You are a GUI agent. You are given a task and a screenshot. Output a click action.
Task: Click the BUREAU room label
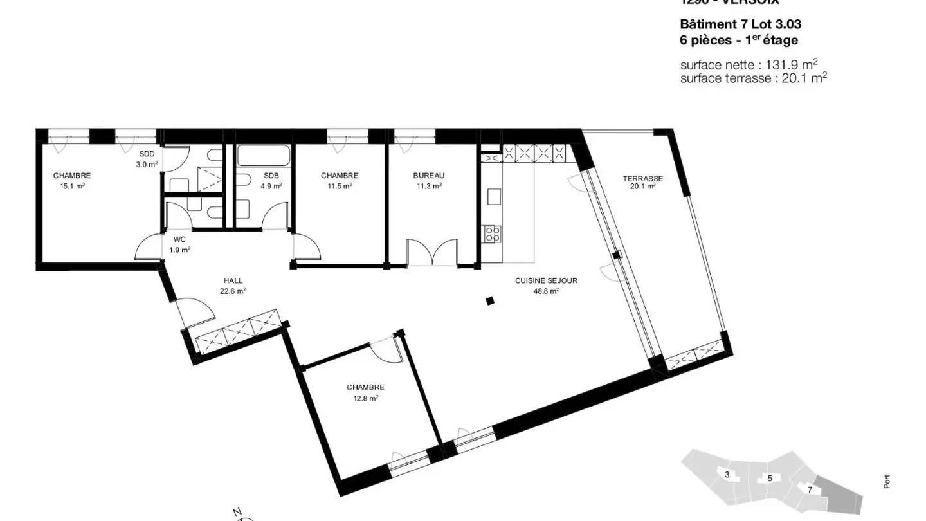[428, 176]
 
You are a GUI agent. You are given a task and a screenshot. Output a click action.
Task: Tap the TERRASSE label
[642, 179]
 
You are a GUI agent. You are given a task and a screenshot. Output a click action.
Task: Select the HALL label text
[233, 280]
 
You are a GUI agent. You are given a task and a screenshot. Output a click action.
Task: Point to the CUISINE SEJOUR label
[546, 280]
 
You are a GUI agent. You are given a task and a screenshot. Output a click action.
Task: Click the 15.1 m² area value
[72, 186]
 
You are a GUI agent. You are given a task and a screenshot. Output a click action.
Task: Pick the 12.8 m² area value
[365, 398]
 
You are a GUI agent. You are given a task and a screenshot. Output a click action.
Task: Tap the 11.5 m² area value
[339, 186]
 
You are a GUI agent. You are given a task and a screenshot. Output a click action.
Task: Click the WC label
[179, 239]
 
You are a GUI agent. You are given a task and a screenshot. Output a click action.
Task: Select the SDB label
[271, 176]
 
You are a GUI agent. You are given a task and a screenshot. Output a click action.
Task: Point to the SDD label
[147, 154]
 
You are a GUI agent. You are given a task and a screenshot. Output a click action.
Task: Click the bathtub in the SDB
[264, 156]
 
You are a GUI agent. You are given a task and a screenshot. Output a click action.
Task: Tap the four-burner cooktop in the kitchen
[493, 233]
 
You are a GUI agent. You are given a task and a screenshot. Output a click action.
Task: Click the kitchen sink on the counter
[494, 196]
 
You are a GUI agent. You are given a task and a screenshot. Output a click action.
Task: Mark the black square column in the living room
[489, 300]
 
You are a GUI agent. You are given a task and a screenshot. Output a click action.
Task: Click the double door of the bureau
[431, 252]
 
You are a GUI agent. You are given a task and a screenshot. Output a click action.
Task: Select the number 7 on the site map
[810, 489]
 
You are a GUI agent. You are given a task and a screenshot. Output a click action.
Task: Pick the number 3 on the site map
[727, 475]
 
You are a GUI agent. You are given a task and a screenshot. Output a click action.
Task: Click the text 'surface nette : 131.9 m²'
[749, 65]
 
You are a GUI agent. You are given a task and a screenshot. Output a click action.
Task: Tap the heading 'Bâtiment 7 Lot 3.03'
[740, 24]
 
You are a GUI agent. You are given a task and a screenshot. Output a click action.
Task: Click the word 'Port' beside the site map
[887, 481]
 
